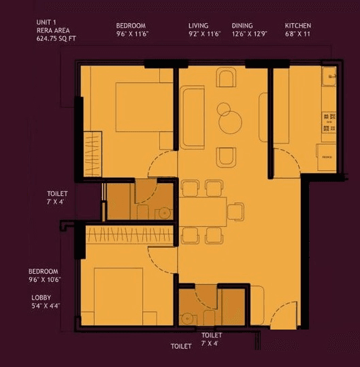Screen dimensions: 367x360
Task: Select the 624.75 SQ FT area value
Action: (x=56, y=39)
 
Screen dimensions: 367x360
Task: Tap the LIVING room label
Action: (x=199, y=25)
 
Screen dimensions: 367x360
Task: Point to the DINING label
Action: (x=242, y=25)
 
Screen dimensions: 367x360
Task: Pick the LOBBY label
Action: (x=41, y=298)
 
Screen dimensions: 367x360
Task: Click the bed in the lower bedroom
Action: (x=118, y=293)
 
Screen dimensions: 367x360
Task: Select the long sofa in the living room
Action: (x=193, y=117)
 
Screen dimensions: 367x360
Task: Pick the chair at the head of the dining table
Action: (x=235, y=212)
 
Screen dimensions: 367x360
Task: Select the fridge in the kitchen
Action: (x=326, y=157)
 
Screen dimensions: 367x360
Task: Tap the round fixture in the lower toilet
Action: (x=186, y=318)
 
